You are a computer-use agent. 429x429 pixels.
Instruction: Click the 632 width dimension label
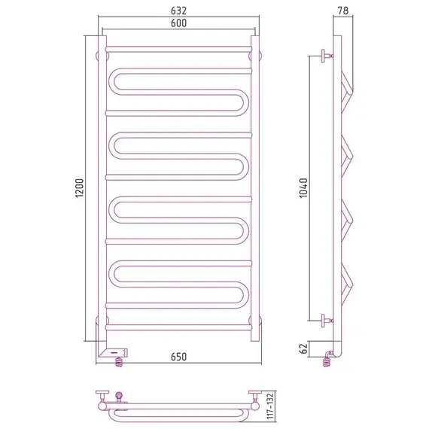[x=178, y=11]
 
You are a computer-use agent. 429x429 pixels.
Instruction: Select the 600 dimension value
[x=178, y=23]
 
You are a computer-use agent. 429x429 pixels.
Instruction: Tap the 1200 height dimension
[x=79, y=188]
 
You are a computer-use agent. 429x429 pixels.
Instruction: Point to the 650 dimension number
[x=178, y=357]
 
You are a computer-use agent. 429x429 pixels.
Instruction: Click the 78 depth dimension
[x=343, y=11]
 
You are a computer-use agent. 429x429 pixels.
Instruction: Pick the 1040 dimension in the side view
[x=303, y=188]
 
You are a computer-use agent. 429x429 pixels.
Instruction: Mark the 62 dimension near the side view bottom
[x=304, y=348]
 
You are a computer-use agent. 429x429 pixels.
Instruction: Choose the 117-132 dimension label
[x=270, y=406]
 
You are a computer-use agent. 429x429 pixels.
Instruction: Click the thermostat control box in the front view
[x=114, y=352]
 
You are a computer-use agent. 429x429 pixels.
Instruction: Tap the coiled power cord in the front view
[x=119, y=362]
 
